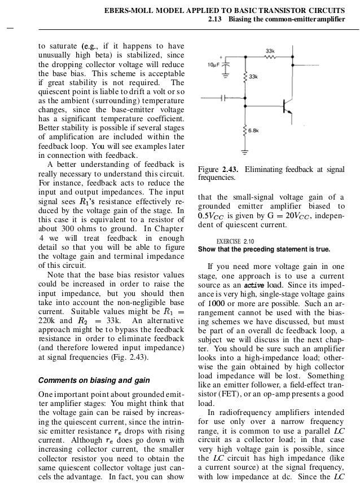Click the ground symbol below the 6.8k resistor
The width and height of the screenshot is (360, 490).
point(244,152)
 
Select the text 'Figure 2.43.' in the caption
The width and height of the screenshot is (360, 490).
point(218,169)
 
